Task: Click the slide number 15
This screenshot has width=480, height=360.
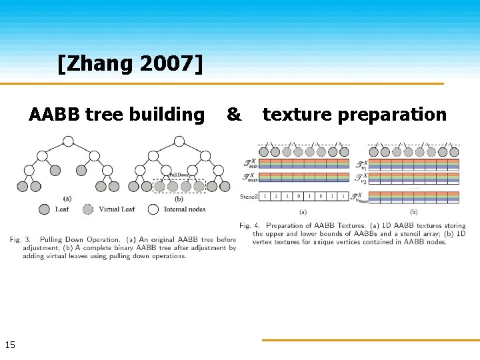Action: (10, 345)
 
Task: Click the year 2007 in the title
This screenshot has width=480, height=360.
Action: (166, 65)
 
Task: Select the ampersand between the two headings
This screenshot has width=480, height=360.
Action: (234, 115)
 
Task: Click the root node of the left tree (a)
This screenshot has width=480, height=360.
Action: (68, 141)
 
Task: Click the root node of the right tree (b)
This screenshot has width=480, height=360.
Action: (179, 141)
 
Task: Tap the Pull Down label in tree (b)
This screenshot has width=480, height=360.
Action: (179, 175)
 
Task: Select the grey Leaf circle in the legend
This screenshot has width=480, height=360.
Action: (45, 209)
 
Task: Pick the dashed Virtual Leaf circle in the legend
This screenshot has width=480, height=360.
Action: (87, 209)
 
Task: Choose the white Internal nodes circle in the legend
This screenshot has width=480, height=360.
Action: (153, 209)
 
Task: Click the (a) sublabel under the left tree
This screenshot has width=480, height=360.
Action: (67, 199)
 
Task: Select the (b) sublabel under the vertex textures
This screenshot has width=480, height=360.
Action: (414, 212)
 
